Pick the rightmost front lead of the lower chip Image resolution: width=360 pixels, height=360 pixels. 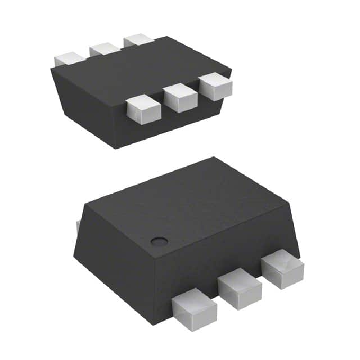282,269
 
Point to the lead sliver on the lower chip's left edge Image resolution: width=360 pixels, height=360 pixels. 78,227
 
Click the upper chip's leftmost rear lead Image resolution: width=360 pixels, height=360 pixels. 69,58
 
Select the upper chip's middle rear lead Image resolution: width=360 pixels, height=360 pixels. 104,49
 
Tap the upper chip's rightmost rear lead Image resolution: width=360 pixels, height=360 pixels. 138,40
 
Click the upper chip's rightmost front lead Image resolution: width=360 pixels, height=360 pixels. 216,87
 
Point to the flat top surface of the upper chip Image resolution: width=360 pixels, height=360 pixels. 141,70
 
